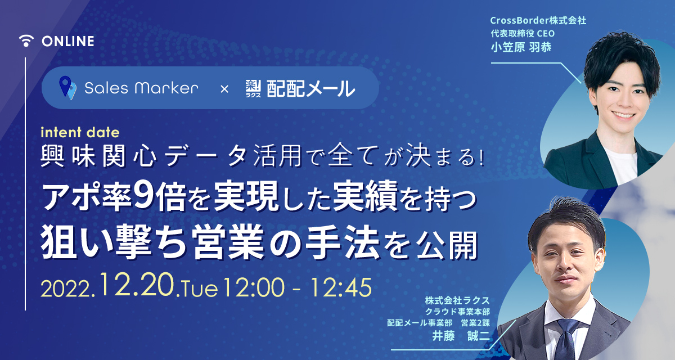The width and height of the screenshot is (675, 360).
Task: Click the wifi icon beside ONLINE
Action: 26,41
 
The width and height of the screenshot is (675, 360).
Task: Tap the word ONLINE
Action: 68,41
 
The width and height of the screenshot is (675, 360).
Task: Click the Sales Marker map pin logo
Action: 67,88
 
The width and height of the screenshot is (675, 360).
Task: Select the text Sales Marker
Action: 141,88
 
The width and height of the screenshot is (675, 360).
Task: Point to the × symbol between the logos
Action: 224,89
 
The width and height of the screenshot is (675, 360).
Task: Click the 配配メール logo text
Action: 311,88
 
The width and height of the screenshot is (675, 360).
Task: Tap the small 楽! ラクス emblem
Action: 253,88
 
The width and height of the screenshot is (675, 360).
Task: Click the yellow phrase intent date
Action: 80,133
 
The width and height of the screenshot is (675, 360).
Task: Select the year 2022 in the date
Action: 66,289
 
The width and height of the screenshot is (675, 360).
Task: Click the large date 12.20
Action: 137,284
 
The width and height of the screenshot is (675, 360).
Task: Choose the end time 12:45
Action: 341,287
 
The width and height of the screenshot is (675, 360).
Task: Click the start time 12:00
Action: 254,287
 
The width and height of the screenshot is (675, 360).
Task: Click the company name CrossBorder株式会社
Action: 538,20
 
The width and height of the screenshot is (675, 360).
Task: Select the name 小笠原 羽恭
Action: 521,47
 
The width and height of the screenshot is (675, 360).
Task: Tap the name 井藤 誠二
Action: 461,336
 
